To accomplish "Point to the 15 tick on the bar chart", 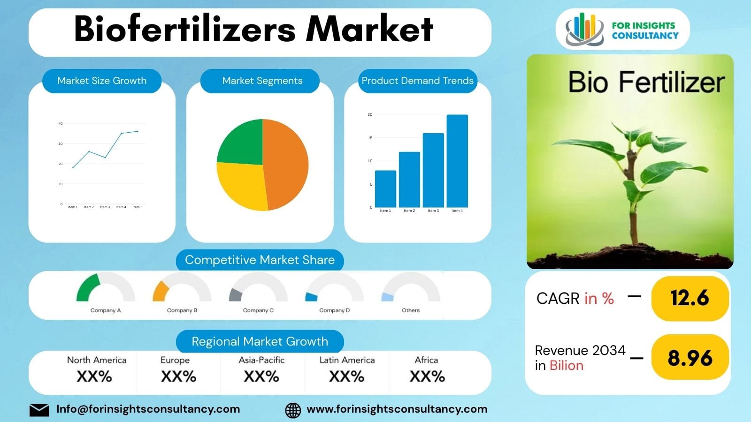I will click(x=370, y=138).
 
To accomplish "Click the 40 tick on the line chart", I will click(x=61, y=124).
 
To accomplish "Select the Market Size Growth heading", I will click(x=102, y=81).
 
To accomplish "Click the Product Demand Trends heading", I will click(x=417, y=81).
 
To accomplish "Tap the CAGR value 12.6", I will click(x=690, y=298).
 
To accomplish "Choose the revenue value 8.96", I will click(x=690, y=358).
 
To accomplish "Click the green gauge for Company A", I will click(x=88, y=287).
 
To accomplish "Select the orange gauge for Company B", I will click(x=160, y=291).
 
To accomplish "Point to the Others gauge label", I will click(x=411, y=310).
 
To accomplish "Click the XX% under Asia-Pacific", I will click(x=261, y=377).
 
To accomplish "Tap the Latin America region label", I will click(x=347, y=360).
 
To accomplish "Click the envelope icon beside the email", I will click(x=39, y=410).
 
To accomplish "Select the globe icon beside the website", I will click(x=293, y=410).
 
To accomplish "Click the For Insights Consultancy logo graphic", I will click(x=584, y=29).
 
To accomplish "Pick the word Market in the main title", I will click(x=369, y=29).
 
